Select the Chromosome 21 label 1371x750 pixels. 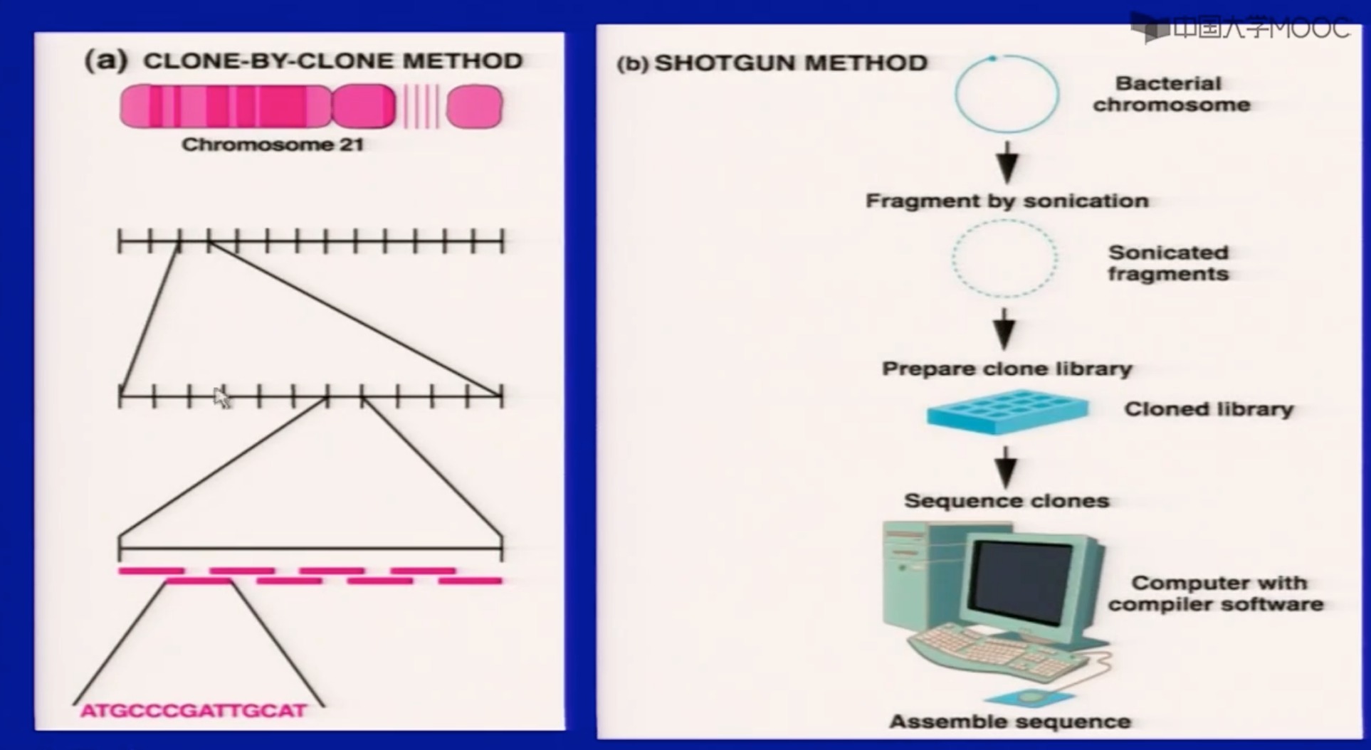point(273,144)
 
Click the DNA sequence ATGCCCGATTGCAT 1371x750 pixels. point(194,710)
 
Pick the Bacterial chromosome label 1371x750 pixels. point(1171,94)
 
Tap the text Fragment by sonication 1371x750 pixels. point(1007,201)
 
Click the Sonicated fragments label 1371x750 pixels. point(1168,263)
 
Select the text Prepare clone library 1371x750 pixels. point(1007,369)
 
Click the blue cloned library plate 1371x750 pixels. point(1007,411)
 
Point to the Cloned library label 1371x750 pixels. point(1208,409)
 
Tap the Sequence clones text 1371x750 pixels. point(1007,501)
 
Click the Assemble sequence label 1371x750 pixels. point(1009,722)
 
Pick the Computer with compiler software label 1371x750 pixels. point(1216,593)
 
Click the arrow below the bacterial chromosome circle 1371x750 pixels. point(1007,162)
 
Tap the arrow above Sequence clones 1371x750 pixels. point(1005,467)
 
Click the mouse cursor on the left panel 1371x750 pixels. point(222,398)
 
